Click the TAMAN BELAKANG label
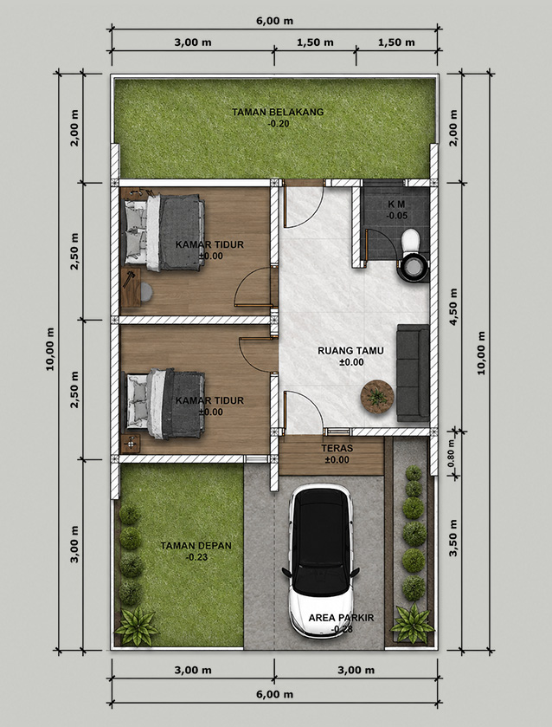point(278,112)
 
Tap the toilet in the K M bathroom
point(411,256)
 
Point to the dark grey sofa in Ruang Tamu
point(413,373)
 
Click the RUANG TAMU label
point(350,351)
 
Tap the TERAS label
point(337,448)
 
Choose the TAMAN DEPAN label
point(196,546)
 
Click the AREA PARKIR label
point(341,618)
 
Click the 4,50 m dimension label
point(453,307)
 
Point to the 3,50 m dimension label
point(453,538)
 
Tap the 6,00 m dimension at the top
point(274,22)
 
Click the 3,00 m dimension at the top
point(193,42)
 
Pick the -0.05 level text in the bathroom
point(397,216)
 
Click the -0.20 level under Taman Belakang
point(278,124)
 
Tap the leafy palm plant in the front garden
point(137,626)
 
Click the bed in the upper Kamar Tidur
point(164,232)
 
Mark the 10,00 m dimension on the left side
point(50,348)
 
